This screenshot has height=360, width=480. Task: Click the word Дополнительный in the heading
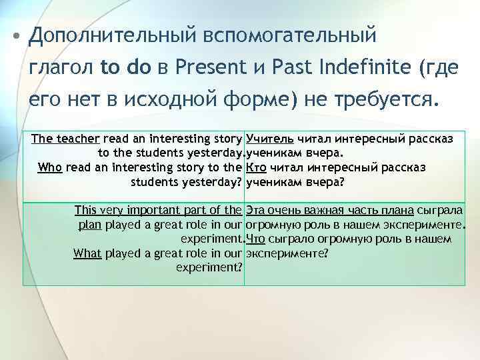[107, 35]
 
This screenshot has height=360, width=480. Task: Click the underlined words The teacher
[66, 139]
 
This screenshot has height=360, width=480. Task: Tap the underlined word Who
[51, 167]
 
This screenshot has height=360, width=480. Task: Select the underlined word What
[87, 253]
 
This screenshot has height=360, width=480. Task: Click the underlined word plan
[90, 225]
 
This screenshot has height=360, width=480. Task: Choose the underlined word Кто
[256, 167]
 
